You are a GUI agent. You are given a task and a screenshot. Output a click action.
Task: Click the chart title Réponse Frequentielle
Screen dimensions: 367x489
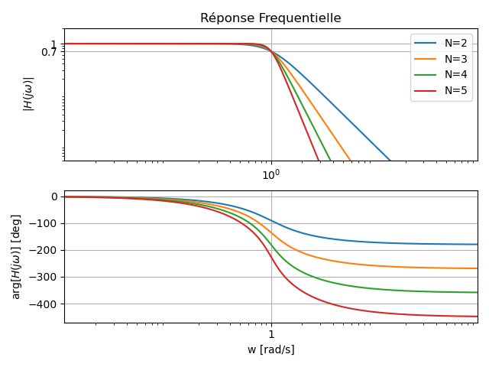click(x=270, y=18)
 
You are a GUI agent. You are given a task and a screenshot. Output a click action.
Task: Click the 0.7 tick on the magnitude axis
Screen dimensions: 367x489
click(x=49, y=52)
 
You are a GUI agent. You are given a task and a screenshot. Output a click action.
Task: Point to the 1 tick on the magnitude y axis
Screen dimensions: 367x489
click(x=54, y=44)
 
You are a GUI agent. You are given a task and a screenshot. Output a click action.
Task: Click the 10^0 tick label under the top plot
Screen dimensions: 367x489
click(x=271, y=175)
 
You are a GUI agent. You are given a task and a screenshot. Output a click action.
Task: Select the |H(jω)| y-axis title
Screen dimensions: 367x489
click(x=28, y=94)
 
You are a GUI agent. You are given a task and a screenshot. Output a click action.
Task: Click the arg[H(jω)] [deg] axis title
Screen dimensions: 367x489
click(x=16, y=256)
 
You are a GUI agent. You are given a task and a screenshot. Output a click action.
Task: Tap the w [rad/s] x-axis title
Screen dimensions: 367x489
click(x=270, y=350)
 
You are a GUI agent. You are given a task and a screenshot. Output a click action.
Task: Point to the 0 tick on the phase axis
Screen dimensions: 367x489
click(x=54, y=196)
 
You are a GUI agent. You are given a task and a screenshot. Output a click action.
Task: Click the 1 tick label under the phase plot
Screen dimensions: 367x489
click(x=271, y=335)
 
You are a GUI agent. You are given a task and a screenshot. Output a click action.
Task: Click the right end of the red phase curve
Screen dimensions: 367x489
click(x=478, y=317)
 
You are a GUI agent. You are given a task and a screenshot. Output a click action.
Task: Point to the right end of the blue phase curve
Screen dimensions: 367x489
click(x=478, y=245)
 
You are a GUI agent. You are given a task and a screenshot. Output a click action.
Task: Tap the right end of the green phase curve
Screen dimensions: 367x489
click(x=478, y=292)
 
